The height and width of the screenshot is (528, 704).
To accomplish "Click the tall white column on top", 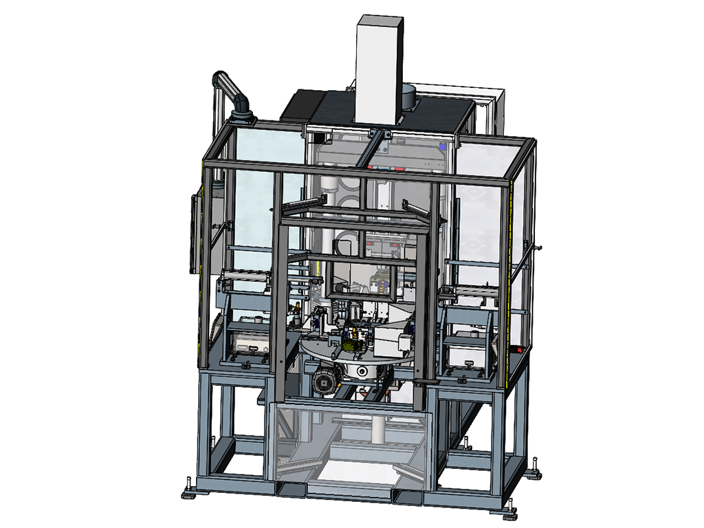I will (377, 69).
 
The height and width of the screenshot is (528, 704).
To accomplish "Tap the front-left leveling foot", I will (190, 492).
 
